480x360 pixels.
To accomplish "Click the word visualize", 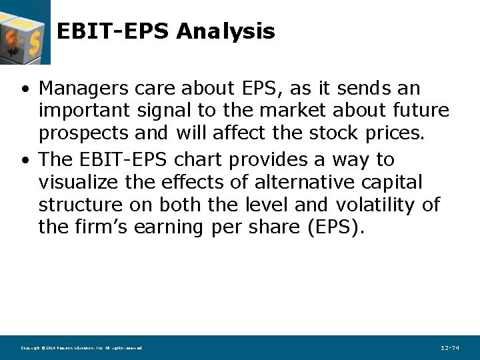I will pyautogui.click(x=84, y=182).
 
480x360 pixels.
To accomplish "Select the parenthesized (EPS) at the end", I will pyautogui.click(x=336, y=227).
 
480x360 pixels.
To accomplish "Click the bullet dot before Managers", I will pyautogui.click(x=24, y=89).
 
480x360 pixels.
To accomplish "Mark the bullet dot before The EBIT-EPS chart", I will pyautogui.click(x=24, y=161).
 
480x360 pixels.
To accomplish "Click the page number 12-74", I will pyautogui.click(x=450, y=348).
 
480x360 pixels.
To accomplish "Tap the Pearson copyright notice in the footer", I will pyautogui.click(x=81, y=348).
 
